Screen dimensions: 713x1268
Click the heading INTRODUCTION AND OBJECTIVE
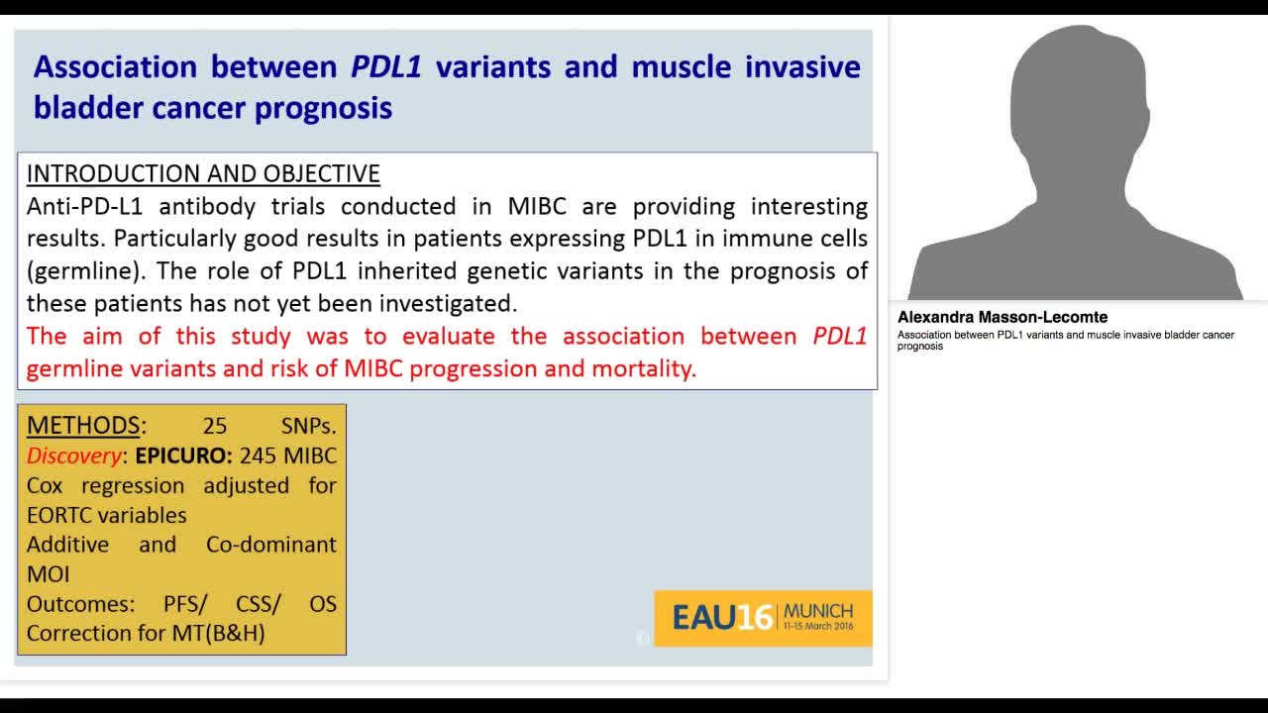pos(203,173)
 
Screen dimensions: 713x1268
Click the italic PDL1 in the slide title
pos(386,66)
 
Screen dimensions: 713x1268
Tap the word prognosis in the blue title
pos(324,107)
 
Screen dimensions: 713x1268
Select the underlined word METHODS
pos(83,426)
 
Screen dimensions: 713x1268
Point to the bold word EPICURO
pos(183,456)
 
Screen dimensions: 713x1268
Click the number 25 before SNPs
pos(215,426)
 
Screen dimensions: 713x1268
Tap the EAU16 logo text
pos(721,618)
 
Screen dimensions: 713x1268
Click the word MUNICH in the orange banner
pos(817,611)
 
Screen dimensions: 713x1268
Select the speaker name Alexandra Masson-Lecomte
pos(1003,318)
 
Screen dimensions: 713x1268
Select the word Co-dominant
pos(270,545)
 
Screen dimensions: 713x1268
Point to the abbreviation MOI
pos(48,573)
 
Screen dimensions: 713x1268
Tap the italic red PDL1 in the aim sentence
pos(839,336)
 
